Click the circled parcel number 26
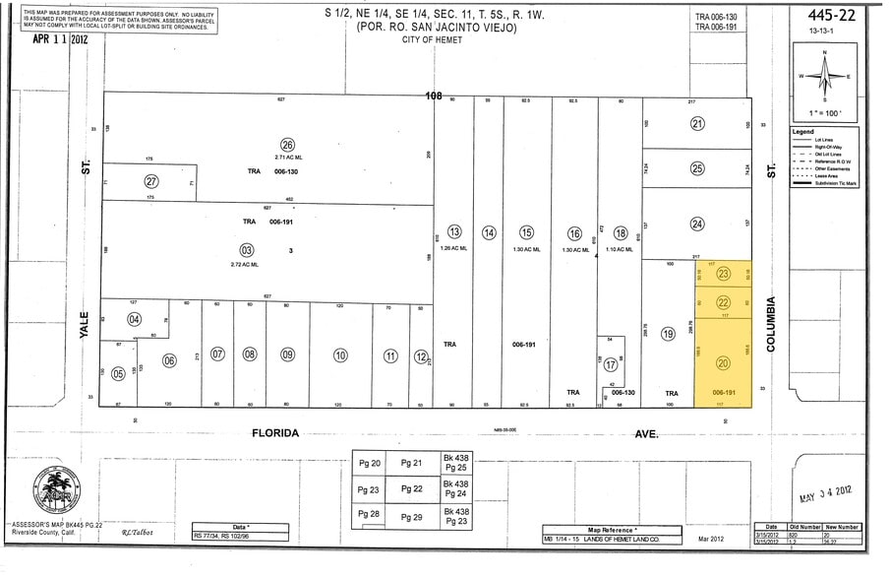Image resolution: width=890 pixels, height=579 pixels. point(288,144)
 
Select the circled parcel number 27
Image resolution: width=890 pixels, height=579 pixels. point(150,181)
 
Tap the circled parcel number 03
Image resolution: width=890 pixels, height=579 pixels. point(248,250)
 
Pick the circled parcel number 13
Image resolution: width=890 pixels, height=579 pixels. point(454,232)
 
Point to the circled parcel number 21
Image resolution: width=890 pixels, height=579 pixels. point(697,124)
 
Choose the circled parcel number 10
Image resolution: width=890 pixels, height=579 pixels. point(340,354)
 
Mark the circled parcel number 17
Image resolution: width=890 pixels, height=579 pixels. point(611,363)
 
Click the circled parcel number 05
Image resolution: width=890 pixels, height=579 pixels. point(118,373)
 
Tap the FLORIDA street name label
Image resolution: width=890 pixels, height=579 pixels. point(273,432)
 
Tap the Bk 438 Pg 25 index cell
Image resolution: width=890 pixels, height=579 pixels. point(455,463)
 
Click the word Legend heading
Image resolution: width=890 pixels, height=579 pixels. point(802,131)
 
